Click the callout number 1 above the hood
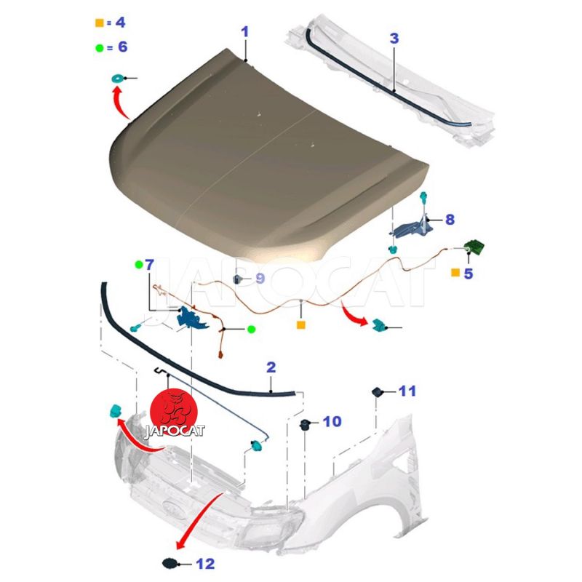point(244,32)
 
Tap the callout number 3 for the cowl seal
point(394,39)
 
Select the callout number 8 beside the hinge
point(450,220)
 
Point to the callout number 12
point(205,564)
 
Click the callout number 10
point(332,421)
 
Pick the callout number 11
point(407,391)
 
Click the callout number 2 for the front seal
point(271,367)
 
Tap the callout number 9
point(260,278)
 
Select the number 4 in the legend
point(121,23)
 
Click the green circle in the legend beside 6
point(100,47)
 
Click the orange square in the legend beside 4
point(100,23)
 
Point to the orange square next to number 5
point(455,273)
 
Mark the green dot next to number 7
point(139,265)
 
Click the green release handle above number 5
point(475,245)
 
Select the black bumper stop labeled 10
point(306,425)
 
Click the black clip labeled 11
point(378,391)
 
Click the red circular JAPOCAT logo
point(174,412)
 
